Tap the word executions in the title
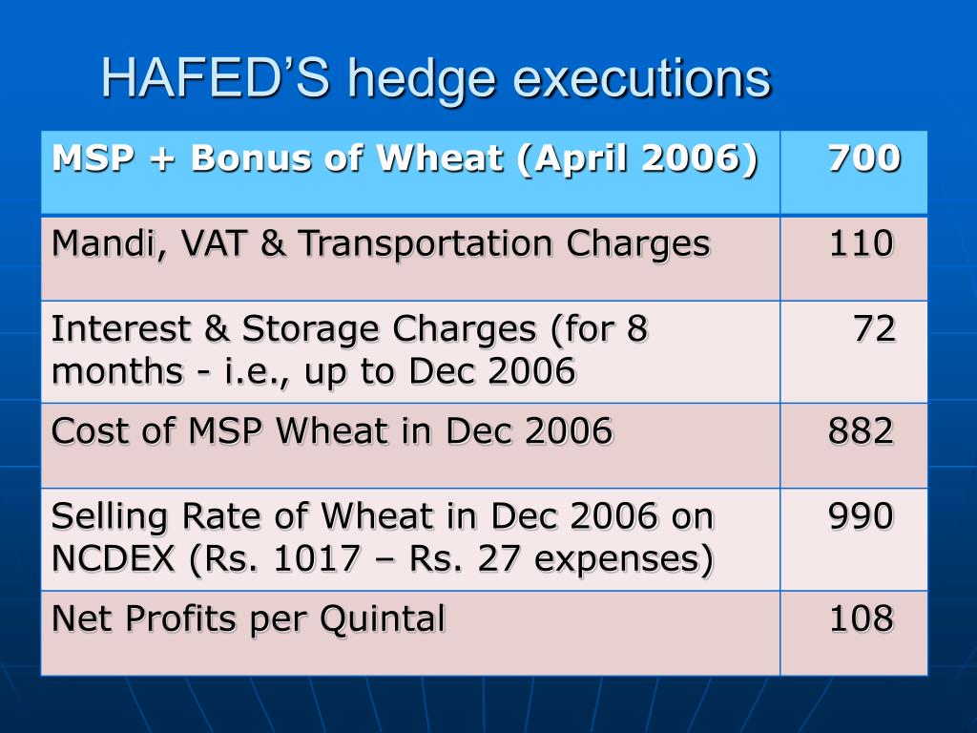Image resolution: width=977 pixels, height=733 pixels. [641, 79]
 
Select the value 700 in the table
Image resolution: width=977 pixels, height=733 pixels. [863, 157]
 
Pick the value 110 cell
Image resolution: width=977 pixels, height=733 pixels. [862, 245]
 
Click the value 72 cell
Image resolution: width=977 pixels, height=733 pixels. [874, 329]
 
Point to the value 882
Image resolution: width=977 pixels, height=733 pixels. [862, 431]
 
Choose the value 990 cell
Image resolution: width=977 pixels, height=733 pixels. [862, 517]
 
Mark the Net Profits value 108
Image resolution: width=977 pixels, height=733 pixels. [862, 619]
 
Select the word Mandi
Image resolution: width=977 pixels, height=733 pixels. [94, 245]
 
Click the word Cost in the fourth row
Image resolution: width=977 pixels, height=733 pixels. [83, 431]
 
